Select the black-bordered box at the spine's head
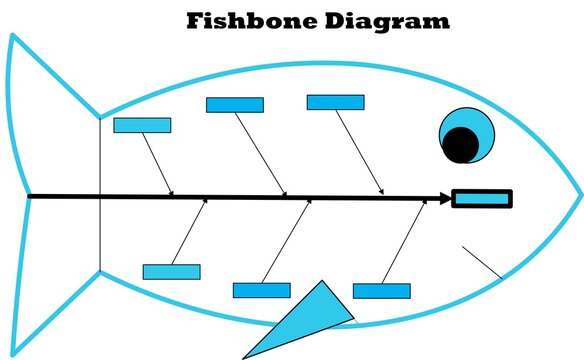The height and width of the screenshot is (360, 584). [x=481, y=198]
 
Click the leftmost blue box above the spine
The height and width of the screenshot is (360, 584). [x=142, y=125]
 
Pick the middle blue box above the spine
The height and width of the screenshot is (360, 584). [x=234, y=105]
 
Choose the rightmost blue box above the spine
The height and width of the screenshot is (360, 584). [x=335, y=102]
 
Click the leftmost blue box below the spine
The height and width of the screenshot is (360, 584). [x=171, y=272]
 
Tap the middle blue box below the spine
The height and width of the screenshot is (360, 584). [x=261, y=290]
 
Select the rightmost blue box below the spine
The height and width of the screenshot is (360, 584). [x=381, y=291]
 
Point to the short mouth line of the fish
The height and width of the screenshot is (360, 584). [x=482, y=261]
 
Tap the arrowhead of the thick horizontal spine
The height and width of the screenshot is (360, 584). [x=446, y=198]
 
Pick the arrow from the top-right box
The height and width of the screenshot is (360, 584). [x=359, y=150]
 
